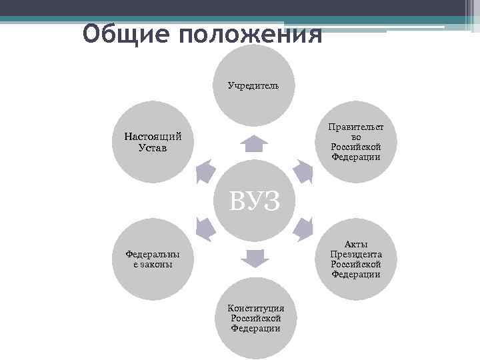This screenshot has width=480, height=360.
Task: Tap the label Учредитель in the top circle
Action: point(253,85)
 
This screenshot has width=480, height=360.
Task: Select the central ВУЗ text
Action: point(253,199)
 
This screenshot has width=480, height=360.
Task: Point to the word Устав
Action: point(153,147)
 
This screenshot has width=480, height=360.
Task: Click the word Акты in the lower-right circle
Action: point(356,245)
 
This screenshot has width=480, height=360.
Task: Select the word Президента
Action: point(356,254)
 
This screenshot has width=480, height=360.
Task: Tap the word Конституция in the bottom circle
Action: point(256,308)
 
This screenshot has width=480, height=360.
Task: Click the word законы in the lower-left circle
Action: point(153,264)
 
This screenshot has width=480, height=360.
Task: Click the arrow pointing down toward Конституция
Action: point(253,257)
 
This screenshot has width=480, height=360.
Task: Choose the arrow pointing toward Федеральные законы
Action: point(206,229)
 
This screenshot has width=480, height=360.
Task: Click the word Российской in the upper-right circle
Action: point(356,147)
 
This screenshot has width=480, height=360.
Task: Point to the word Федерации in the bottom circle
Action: point(256,328)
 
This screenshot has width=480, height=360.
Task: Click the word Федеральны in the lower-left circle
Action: point(153,254)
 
